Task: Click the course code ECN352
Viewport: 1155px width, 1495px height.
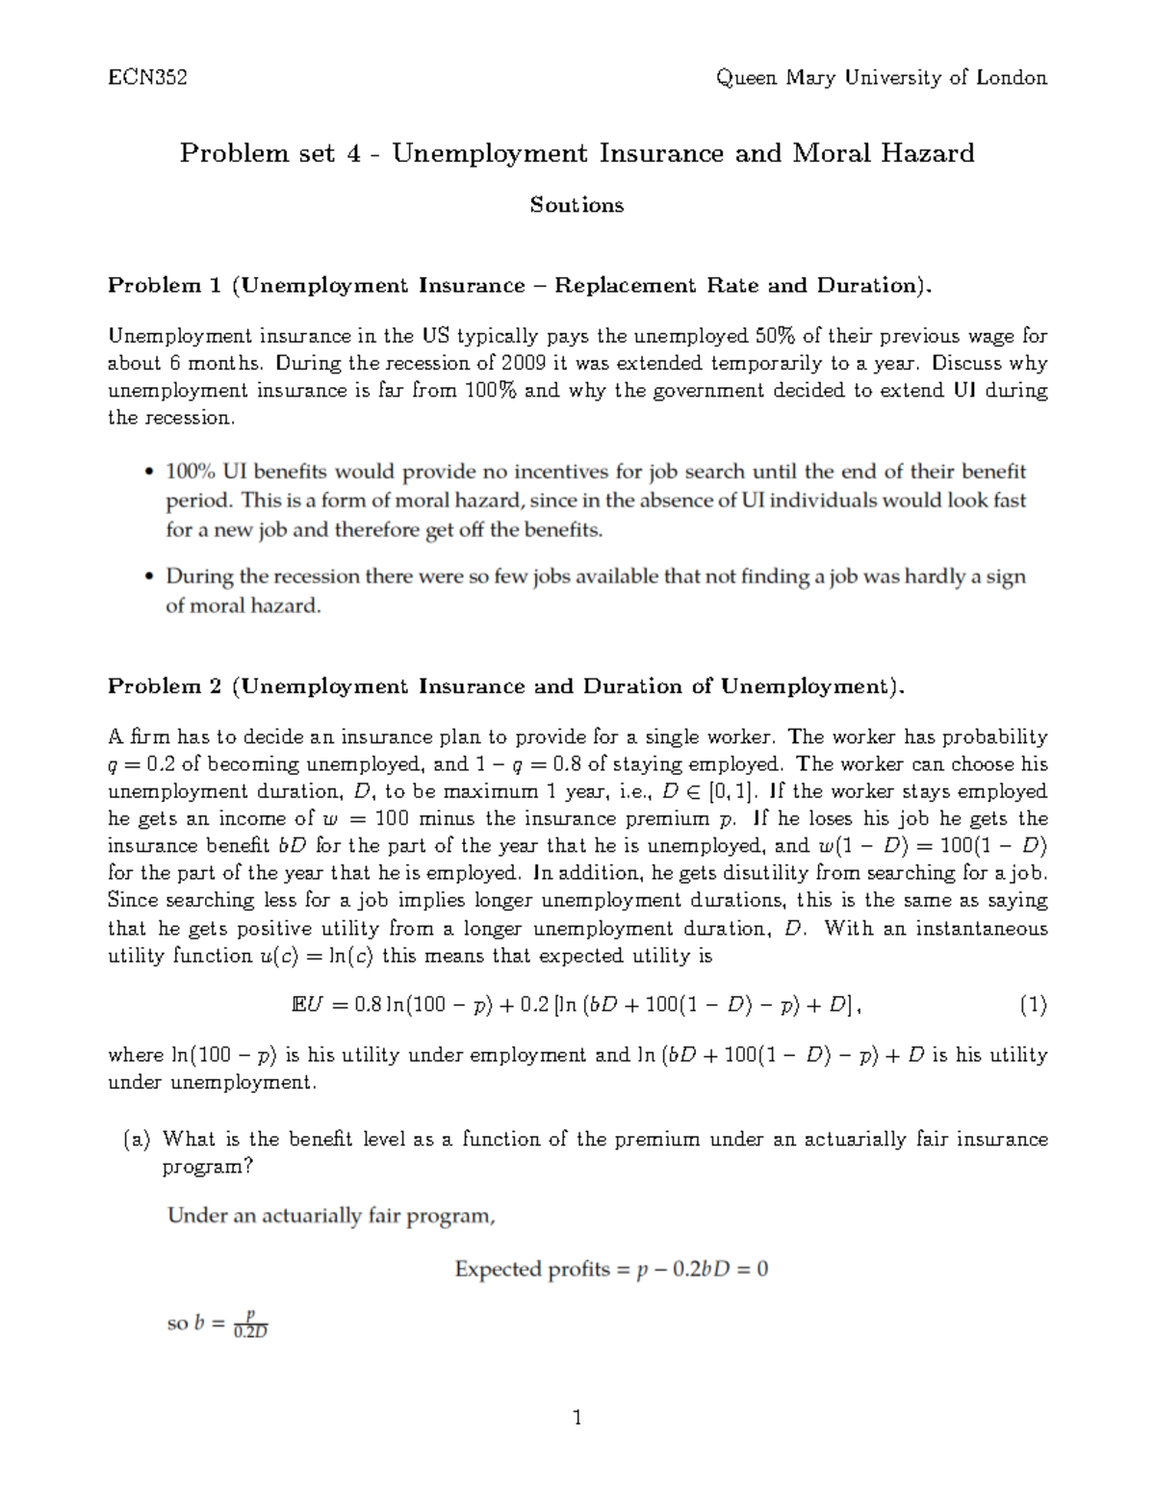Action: (147, 78)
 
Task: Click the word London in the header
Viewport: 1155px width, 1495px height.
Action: (1011, 78)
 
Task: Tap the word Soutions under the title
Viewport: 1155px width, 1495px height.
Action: (577, 205)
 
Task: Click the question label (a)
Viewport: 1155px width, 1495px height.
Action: (138, 1140)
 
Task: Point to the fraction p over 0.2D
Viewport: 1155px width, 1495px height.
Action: (250, 1325)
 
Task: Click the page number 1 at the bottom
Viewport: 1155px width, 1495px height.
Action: (577, 1417)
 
